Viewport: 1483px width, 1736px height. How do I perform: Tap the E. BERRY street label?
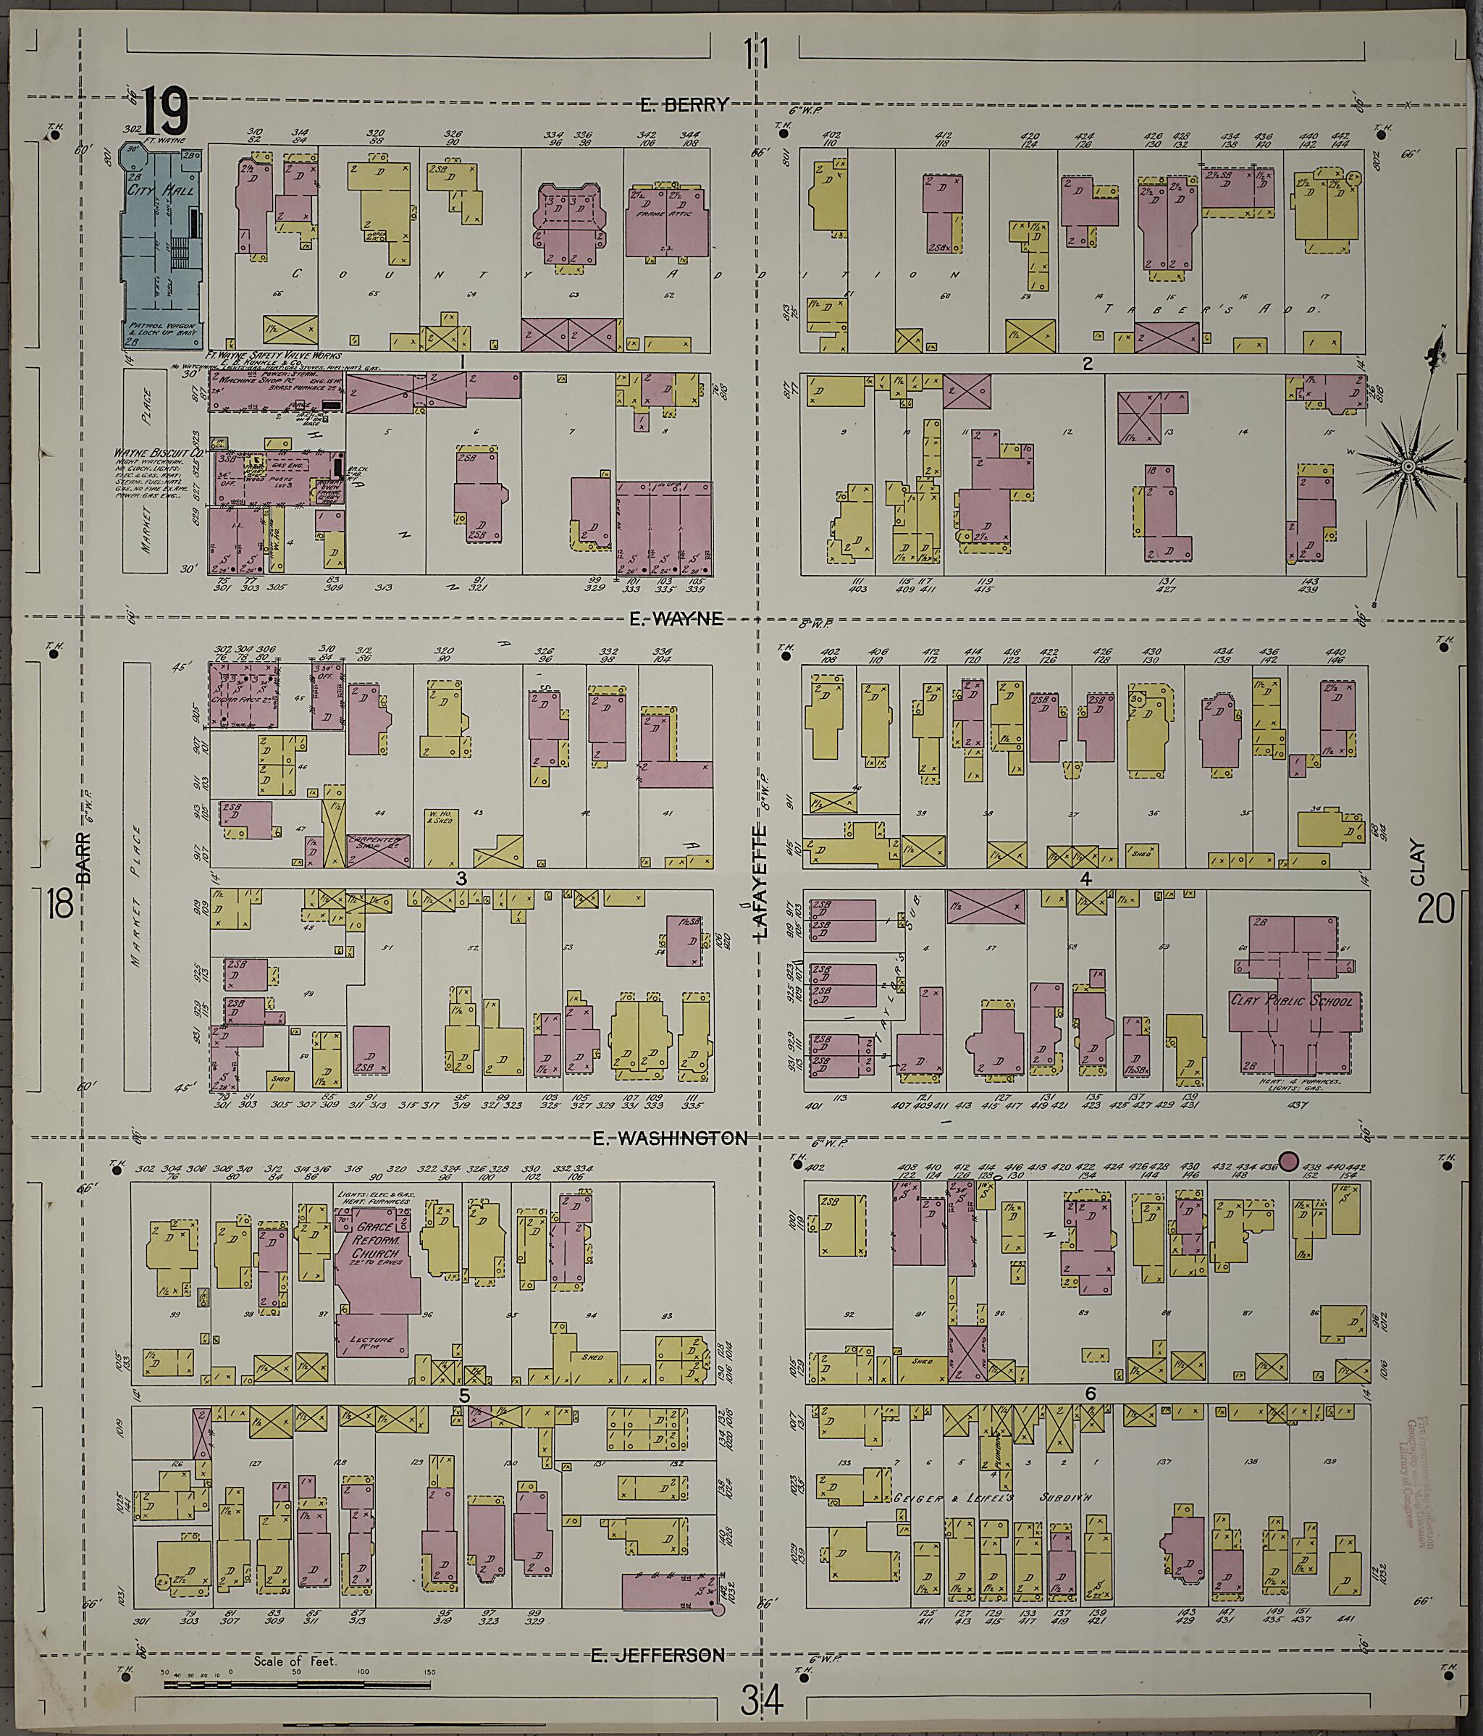(x=684, y=105)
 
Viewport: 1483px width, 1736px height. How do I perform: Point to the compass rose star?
(x=1408, y=465)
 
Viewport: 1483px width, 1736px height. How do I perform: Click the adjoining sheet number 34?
(x=762, y=1701)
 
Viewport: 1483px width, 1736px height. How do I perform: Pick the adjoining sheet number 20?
(x=1434, y=908)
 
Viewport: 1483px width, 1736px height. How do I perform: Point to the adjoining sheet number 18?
(x=60, y=905)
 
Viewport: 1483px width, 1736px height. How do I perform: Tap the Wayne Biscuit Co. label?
(x=160, y=453)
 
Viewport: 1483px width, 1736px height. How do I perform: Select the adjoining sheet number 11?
(x=757, y=56)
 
